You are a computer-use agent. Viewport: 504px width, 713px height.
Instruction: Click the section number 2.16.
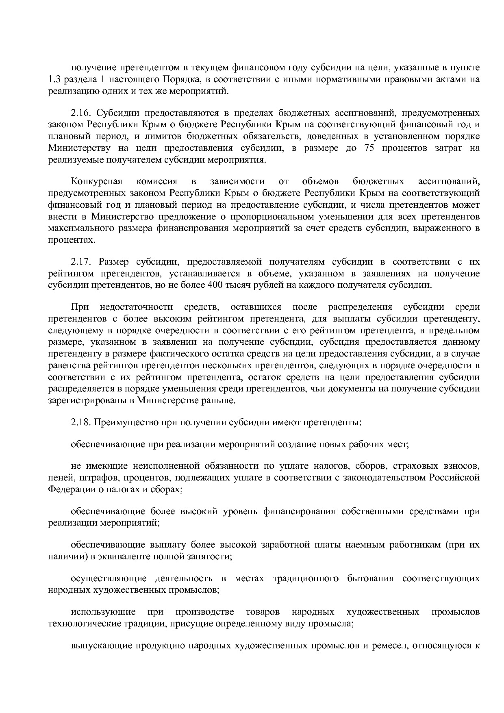80,113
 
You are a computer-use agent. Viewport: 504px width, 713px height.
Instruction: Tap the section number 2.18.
80,422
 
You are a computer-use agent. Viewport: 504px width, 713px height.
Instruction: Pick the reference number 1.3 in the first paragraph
54,79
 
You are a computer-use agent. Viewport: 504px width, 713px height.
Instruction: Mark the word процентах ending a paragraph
71,240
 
